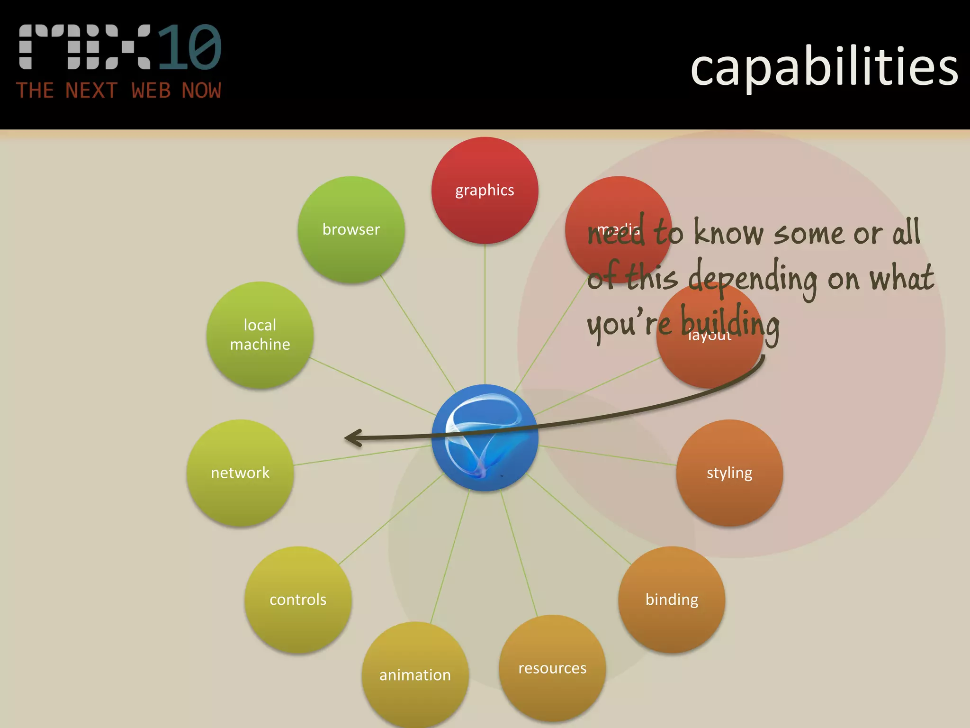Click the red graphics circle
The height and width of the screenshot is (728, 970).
pos(485,190)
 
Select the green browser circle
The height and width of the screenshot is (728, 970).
pos(351,229)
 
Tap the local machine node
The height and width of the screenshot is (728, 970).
pos(260,335)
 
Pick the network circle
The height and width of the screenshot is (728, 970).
pos(240,473)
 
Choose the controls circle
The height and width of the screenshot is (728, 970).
pos(298,600)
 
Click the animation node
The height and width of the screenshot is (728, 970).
pos(415,674)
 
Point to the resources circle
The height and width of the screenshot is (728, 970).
pos(552,668)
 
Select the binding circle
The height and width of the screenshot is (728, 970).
pos(672,600)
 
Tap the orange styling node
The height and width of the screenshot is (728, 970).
pos(729,473)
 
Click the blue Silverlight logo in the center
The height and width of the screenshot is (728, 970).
pos(485,437)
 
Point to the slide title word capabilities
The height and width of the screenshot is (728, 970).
pos(824,67)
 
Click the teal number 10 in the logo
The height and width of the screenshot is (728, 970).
pos(189,47)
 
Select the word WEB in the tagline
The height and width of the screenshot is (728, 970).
pos(151,91)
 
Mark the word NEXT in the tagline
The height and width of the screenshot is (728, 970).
pos(91,91)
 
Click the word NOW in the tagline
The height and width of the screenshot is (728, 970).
pos(201,91)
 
